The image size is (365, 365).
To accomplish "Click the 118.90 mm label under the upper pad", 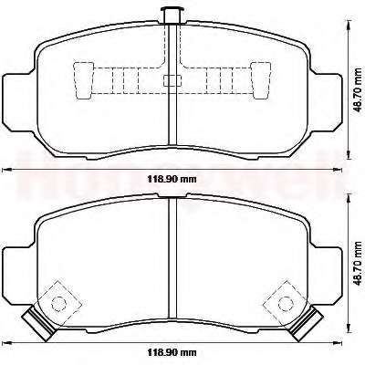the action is pos(172,179).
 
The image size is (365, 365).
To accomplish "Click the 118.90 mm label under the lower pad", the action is pos(172,352).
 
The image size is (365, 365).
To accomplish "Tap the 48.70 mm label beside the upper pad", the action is pos(360,90).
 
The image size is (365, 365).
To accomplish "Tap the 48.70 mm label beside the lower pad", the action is pos(360,264).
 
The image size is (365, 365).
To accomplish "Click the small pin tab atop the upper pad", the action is pos(172,16).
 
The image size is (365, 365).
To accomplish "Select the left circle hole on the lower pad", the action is pos(58,303).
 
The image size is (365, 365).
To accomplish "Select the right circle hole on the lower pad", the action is pos(286,303).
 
